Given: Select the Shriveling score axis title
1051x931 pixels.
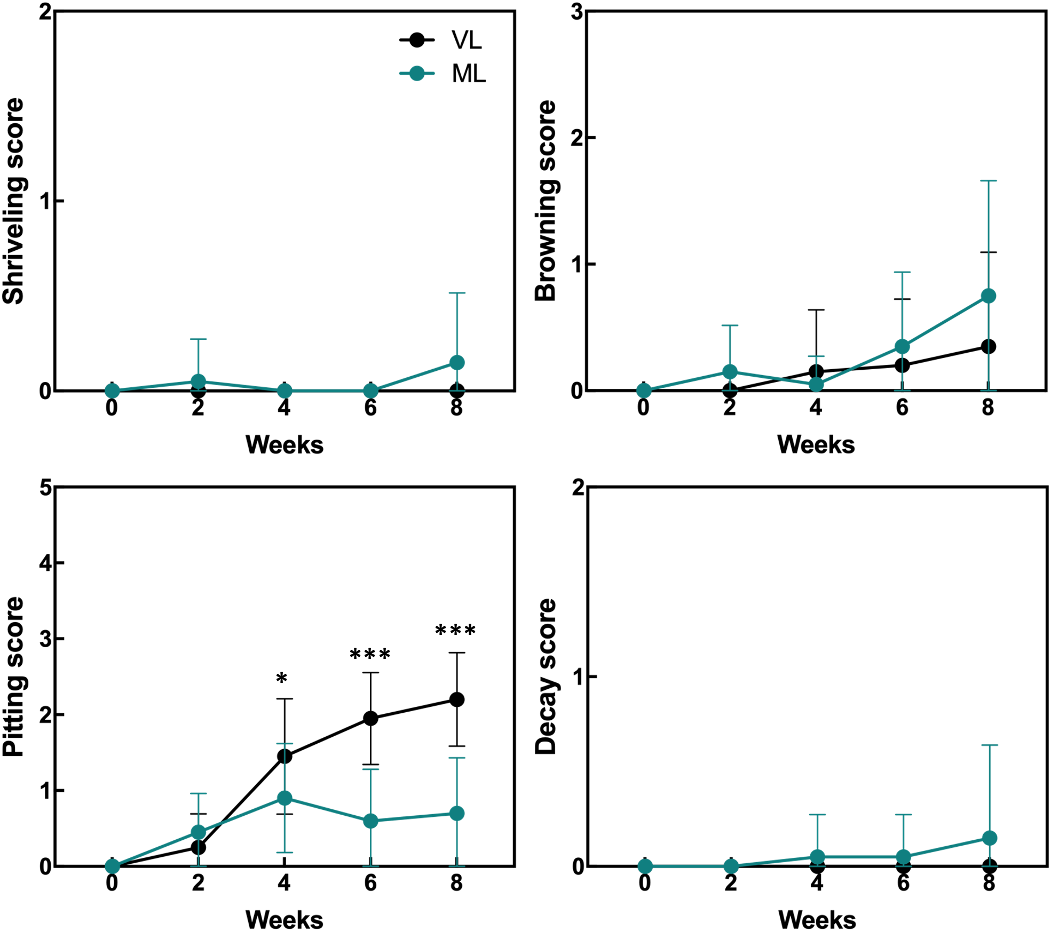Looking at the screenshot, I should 14,201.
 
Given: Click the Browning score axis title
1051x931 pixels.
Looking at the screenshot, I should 546,201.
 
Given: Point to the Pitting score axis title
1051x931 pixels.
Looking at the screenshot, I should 14,677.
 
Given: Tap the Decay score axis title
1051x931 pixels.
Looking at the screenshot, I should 546,677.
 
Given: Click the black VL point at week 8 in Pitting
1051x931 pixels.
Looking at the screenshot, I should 457,699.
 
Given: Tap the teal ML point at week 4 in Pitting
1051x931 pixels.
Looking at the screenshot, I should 285,798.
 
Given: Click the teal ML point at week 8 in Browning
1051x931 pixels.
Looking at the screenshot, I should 989,296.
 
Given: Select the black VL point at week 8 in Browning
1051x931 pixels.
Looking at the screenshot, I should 989,347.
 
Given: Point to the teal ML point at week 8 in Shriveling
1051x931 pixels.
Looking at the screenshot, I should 457,363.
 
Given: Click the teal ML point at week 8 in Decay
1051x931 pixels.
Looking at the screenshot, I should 990,838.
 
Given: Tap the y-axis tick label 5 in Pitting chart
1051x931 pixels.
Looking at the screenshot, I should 46,488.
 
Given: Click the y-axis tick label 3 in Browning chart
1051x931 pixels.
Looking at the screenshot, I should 576,12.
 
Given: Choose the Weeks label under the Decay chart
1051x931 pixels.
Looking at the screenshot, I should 817,920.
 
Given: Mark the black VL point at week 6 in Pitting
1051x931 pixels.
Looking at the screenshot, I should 370,719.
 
